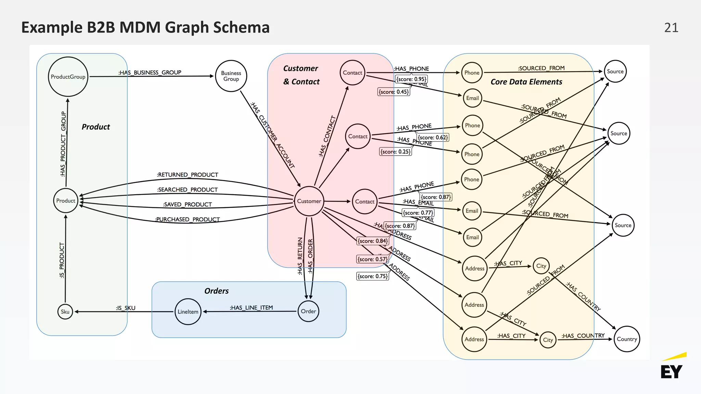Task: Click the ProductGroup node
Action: pos(68,77)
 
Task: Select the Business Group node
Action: pos(231,76)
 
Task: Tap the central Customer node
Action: pos(309,201)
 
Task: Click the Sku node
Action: pos(65,312)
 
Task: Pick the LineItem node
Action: pos(188,312)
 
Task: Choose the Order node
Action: pos(308,311)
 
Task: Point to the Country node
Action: pos(627,339)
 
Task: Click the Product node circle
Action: pos(66,201)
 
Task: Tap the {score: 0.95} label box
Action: pos(411,79)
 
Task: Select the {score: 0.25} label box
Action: pos(395,152)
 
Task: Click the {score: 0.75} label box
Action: pos(372,276)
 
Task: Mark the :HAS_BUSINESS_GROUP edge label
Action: pos(150,73)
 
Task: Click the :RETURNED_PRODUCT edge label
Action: pos(187,175)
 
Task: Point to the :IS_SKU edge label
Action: pos(126,308)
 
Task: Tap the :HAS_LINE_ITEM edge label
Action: pos(251,307)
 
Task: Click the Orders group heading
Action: pos(216,291)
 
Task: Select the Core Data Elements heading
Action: pos(526,82)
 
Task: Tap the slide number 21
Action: pos(671,28)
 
